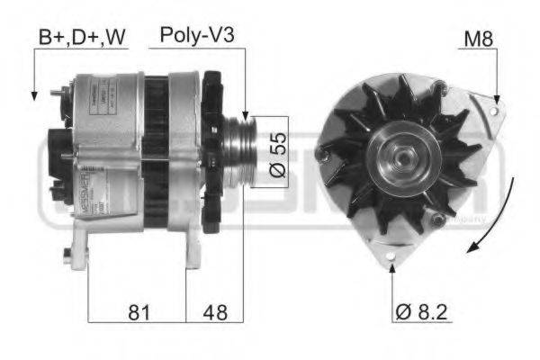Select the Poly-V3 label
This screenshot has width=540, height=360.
[x=197, y=35]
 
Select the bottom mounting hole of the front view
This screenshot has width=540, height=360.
[x=392, y=263]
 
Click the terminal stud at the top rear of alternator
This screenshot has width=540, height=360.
[x=60, y=90]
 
